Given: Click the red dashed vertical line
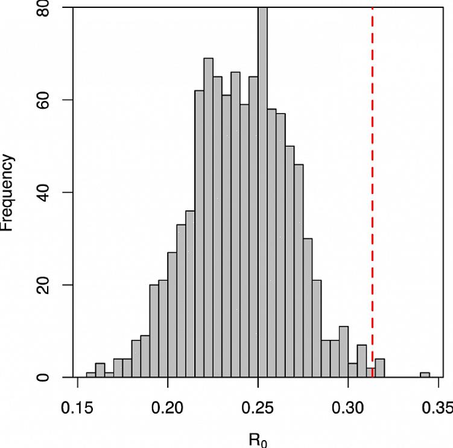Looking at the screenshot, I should tap(372, 181).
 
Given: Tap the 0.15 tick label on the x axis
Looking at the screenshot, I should tap(77, 409).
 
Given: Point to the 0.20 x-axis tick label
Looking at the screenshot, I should tap(168, 409).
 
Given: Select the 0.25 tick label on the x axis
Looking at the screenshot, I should tap(258, 409).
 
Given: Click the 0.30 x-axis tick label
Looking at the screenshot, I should tap(349, 409).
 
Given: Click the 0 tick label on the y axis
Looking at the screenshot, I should tap(42, 377).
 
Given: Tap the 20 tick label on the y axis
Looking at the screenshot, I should tap(42, 285).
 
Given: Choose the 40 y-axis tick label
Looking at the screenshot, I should tap(42, 193).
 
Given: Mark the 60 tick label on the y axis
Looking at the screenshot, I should tap(42, 100).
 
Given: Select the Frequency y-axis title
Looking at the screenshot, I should tap(7, 193).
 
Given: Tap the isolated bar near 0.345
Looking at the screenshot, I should tap(425, 375).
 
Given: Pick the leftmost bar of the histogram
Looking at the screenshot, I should tap(91, 375).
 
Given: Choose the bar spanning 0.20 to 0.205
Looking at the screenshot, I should tap(172, 315).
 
